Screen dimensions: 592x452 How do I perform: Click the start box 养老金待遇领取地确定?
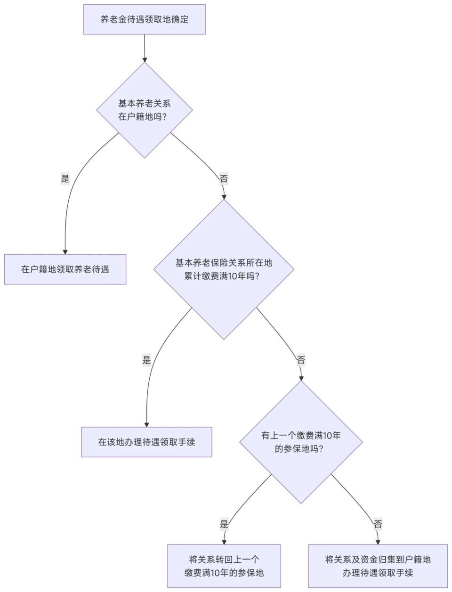[145, 19]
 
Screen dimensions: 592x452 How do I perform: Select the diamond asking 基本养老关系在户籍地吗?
[145, 110]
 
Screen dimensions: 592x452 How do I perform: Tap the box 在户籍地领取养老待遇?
[65, 269]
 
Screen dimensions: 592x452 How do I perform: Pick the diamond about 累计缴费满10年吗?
[224, 269]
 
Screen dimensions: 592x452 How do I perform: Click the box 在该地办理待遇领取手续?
[146, 442]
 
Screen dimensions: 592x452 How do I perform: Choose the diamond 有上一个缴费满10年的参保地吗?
[301, 442]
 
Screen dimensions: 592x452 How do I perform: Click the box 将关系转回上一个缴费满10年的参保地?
[224, 566]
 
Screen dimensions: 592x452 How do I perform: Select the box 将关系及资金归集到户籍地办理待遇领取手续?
[378, 566]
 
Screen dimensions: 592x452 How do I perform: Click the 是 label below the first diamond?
[65, 178]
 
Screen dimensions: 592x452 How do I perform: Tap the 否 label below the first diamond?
[224, 178]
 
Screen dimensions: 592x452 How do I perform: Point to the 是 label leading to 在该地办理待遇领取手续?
[146, 360]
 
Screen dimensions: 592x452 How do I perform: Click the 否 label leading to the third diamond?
[301, 360]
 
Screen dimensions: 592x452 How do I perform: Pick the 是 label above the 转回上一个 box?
[224, 524]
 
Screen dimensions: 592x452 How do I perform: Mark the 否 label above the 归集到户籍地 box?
[378, 524]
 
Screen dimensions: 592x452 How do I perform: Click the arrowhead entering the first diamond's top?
[145, 59]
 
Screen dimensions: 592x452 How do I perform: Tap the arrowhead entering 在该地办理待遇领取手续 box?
[146, 424]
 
